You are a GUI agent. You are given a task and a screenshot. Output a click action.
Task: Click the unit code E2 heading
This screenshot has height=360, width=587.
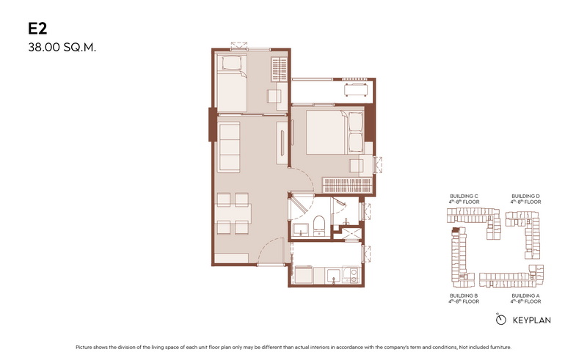[37, 29]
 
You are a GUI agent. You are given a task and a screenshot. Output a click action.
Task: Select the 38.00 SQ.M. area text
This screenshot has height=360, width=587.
[62, 48]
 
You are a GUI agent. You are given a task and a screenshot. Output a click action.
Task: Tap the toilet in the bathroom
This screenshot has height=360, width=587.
[319, 225]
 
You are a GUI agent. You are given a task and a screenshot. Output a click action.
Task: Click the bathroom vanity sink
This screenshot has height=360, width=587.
[301, 229]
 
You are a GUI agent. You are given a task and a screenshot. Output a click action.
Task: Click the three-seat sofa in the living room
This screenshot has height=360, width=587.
[229, 147]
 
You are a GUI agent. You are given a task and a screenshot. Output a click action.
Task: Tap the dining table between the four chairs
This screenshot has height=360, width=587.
[233, 213]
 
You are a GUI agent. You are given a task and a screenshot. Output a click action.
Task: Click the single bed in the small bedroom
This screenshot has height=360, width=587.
[232, 83]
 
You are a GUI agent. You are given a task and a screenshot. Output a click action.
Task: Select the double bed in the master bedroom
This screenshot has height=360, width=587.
[335, 132]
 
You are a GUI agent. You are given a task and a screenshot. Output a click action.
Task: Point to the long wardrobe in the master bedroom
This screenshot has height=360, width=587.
[347, 185]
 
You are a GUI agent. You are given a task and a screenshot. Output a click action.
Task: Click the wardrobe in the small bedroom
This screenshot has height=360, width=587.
[280, 68]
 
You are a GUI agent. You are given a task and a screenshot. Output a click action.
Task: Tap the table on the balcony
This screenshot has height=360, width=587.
[356, 89]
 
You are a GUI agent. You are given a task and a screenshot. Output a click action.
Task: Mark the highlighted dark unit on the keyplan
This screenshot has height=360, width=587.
[455, 229]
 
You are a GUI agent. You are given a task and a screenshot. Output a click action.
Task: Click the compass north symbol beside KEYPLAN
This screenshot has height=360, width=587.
[500, 319]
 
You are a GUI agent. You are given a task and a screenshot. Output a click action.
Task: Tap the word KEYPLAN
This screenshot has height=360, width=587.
[531, 320]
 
